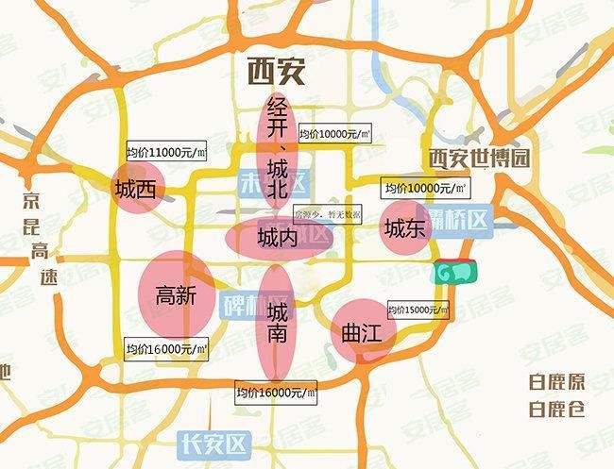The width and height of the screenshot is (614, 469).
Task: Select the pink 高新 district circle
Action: click(175, 295)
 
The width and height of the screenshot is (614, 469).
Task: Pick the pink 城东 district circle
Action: click(405, 228)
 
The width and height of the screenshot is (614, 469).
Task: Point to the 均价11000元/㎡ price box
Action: click(165, 152)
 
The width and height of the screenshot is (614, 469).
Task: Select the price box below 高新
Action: click(166, 349)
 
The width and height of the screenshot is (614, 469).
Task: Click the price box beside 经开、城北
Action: click(333, 135)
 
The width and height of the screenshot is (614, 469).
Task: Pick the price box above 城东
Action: click(419, 189)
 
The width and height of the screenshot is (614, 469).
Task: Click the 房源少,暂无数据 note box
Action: click(327, 215)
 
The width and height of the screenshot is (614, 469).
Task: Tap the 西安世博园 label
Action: click(476, 159)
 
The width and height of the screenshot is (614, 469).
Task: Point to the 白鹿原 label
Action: click(556, 384)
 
